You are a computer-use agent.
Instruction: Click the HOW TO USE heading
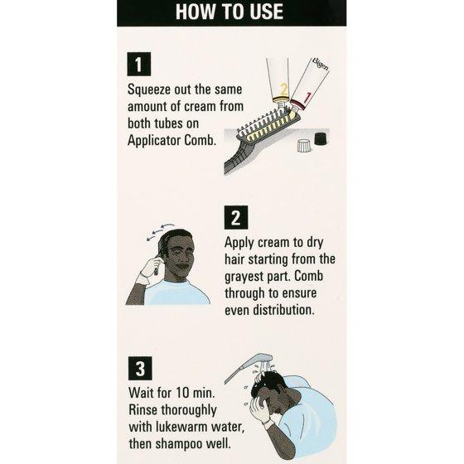coord(230,12)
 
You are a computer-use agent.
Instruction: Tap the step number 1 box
coord(139,65)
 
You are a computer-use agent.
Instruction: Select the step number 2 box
coord(236,217)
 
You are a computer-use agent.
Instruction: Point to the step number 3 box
coord(140,369)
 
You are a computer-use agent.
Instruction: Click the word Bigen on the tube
coord(320,65)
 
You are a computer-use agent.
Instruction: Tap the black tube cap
coord(321,139)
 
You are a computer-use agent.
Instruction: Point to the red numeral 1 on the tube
coord(307,98)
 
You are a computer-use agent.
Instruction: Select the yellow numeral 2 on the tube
coord(283,89)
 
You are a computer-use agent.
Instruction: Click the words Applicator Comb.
coord(172,140)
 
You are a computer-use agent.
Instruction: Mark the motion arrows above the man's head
coord(160,231)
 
